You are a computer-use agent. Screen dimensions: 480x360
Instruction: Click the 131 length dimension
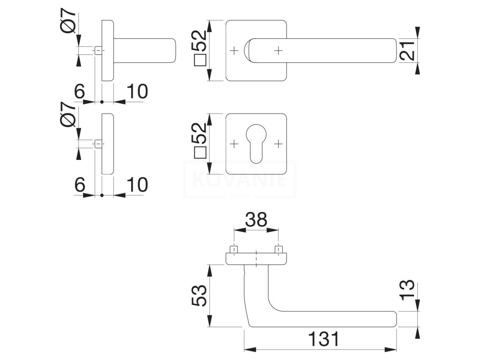324,339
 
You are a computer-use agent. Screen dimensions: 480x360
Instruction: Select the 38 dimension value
256,219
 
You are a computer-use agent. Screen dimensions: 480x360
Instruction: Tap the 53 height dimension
199,295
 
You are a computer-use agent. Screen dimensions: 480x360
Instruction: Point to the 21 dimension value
408,51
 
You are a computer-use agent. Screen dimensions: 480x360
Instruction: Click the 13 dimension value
407,290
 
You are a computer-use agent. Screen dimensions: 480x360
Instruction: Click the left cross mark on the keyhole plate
234,143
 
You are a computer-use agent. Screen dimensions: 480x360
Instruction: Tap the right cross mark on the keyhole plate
278,143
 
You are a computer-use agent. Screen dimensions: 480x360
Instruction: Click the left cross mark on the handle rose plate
234,51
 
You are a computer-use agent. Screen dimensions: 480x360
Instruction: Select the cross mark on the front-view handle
278,51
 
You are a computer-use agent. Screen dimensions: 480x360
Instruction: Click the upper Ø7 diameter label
68,21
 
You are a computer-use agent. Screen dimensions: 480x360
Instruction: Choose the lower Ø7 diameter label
68,114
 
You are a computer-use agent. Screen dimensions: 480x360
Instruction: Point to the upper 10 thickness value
137,91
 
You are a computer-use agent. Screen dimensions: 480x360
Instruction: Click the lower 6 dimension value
80,185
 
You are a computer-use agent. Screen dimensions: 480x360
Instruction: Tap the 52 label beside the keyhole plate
199,140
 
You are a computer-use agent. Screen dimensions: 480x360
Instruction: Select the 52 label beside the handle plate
199,48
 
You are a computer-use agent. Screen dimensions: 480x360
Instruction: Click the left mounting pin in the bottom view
234,249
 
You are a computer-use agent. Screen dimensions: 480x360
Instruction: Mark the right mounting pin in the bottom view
278,249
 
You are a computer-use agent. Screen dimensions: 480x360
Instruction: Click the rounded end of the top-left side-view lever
173,51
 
